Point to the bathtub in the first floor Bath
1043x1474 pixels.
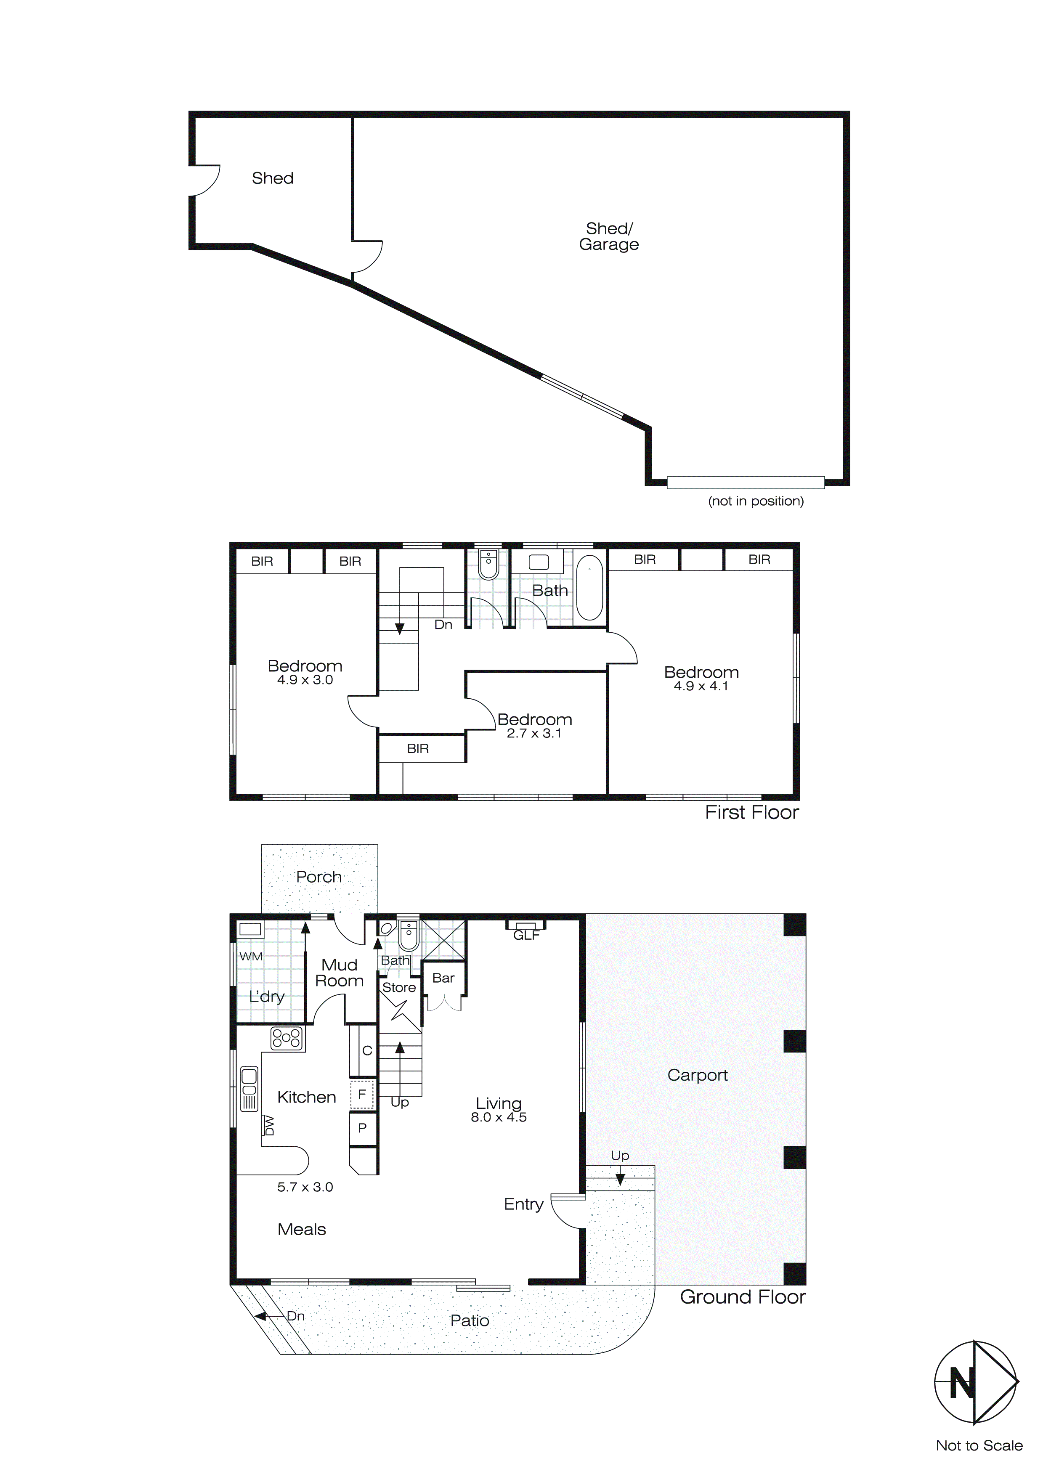pyautogui.click(x=589, y=588)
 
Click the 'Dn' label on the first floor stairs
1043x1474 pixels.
pyautogui.click(x=443, y=625)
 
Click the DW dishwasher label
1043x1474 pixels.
pyautogui.click(x=270, y=1125)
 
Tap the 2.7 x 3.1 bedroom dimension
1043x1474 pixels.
pyautogui.click(x=534, y=733)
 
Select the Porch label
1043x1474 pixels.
pyautogui.click(x=318, y=877)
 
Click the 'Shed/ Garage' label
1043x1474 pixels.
pyautogui.click(x=609, y=236)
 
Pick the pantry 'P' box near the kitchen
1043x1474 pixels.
pyautogui.click(x=362, y=1128)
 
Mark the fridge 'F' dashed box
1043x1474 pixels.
pyautogui.click(x=362, y=1094)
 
